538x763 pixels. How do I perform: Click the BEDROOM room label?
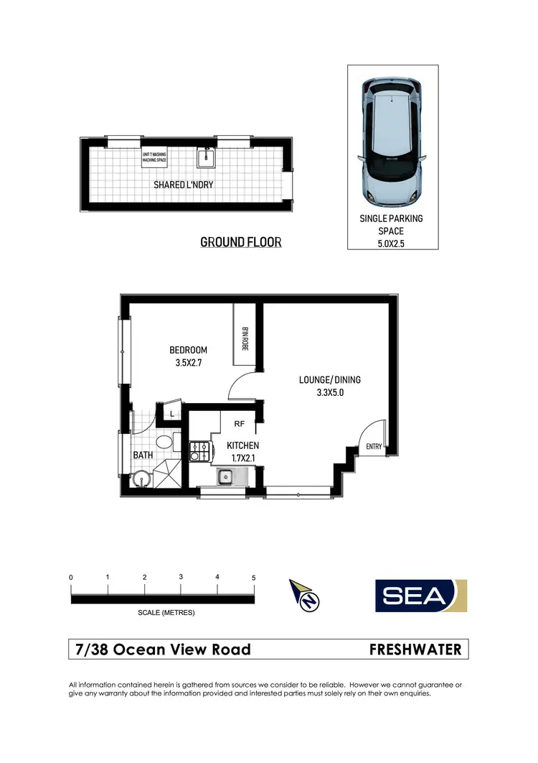188,350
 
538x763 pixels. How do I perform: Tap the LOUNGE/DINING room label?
331,380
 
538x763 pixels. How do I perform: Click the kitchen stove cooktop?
199,451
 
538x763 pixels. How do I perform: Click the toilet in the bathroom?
163,442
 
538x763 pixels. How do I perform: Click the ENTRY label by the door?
374,447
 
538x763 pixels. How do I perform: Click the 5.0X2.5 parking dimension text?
392,243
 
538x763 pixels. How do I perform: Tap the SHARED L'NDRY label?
184,185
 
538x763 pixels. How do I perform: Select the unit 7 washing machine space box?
154,157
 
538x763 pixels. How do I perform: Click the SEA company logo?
421,596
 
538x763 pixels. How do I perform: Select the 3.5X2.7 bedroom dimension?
188,364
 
